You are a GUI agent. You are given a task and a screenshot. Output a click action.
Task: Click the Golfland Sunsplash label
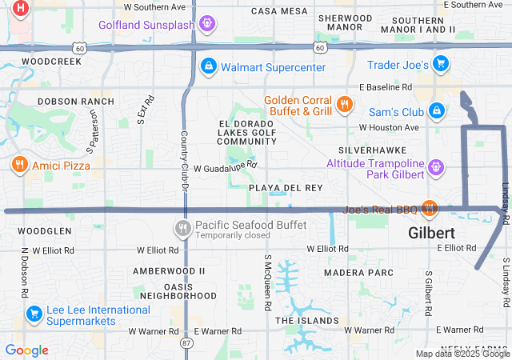146,24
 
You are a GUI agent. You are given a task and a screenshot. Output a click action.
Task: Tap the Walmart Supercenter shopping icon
207,66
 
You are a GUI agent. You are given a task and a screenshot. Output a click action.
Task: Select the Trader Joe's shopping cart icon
439,64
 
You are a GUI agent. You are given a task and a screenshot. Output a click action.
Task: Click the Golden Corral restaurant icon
344,104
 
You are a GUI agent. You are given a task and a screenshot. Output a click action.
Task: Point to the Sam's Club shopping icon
436,110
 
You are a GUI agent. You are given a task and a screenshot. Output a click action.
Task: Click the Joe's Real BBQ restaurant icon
430,208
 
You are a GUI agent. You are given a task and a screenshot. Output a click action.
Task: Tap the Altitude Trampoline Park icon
435,167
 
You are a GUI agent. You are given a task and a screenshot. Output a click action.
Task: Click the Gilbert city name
432,233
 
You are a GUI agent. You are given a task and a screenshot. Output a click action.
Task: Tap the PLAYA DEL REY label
286,187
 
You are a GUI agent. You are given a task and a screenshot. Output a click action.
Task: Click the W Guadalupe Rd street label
226,166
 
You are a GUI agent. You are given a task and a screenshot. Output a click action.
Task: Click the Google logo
26,350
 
